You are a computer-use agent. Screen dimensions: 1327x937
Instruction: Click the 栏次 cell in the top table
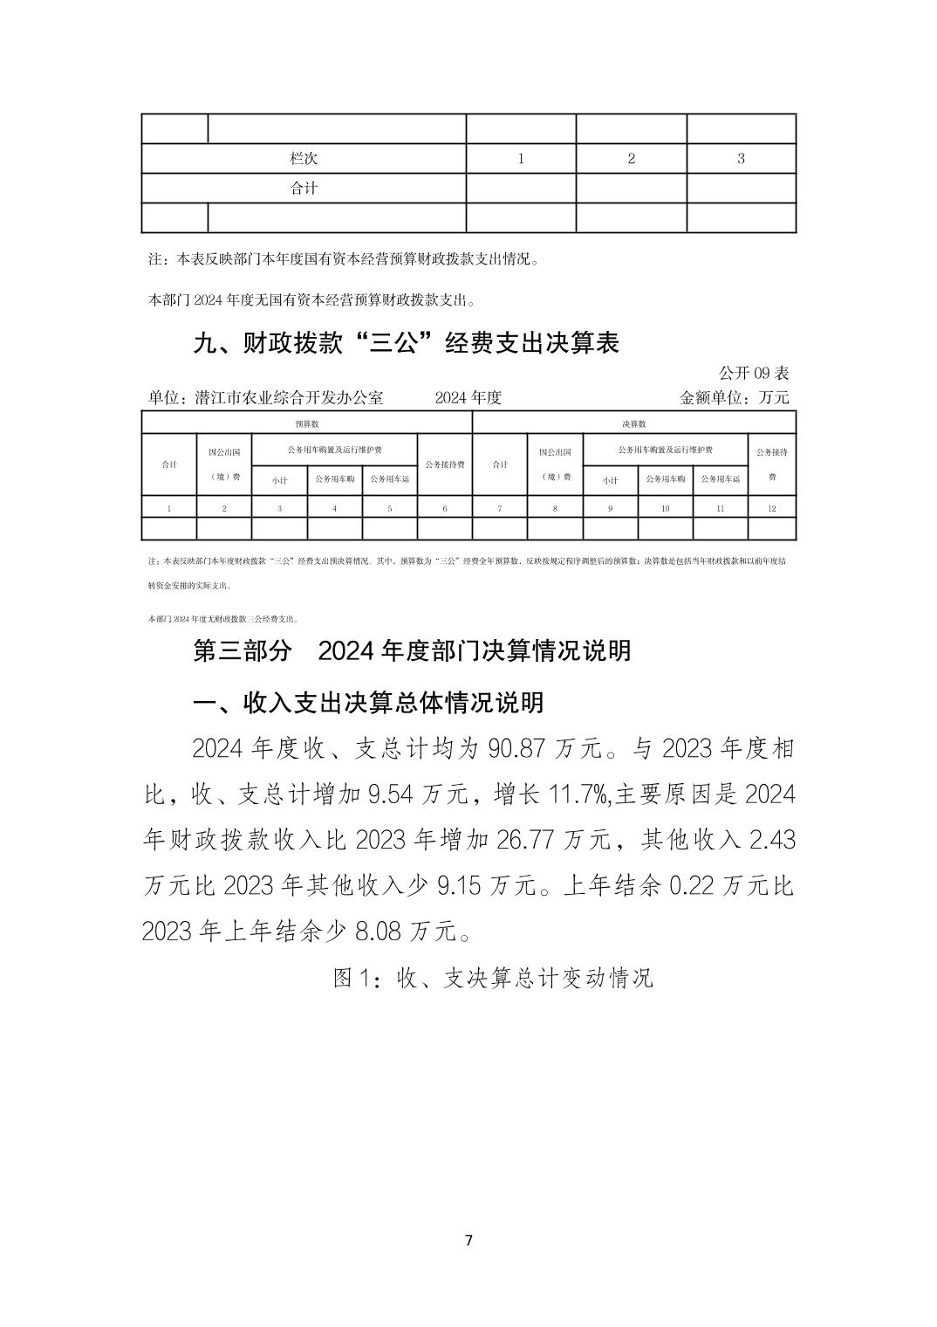point(304,159)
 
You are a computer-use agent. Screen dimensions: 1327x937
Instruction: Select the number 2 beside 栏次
point(632,159)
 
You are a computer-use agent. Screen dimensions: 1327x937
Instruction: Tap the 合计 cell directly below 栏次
point(304,188)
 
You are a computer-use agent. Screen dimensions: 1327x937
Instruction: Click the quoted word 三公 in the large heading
point(396,343)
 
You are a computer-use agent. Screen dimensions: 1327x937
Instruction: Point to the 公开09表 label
point(753,373)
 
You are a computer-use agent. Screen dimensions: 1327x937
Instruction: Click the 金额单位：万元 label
point(734,397)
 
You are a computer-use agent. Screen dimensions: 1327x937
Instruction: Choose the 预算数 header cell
point(306,423)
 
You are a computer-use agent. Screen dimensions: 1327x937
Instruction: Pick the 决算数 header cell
point(633,423)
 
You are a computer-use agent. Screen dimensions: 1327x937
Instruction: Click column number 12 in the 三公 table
point(771,508)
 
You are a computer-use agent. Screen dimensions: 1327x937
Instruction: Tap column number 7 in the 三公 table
point(500,508)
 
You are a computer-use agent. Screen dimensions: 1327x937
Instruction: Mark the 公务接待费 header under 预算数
point(445,464)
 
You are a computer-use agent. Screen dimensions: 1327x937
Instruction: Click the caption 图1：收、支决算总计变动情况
point(493,977)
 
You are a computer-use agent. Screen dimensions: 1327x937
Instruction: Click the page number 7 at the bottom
point(469,1241)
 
